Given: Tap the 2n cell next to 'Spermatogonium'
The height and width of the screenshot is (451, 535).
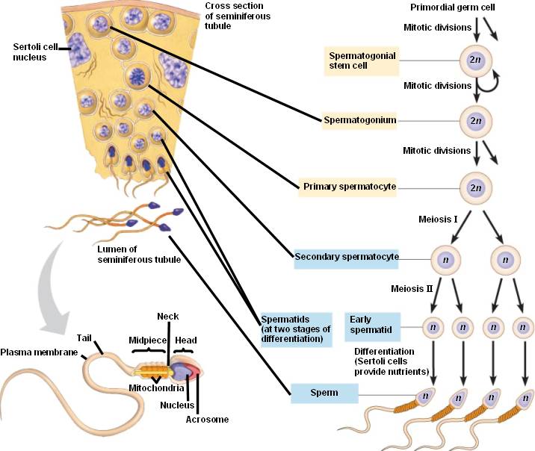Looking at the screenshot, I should (475, 119).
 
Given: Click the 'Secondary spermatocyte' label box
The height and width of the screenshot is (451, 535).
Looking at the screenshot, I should (347, 257).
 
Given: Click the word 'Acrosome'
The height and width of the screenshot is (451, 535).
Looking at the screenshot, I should (206, 420).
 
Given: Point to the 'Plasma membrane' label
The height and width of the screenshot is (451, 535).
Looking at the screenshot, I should (38, 352).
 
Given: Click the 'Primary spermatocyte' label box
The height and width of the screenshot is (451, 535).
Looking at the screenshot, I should (348, 185).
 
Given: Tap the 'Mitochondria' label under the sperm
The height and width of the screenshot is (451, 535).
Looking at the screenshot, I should (158, 388).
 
